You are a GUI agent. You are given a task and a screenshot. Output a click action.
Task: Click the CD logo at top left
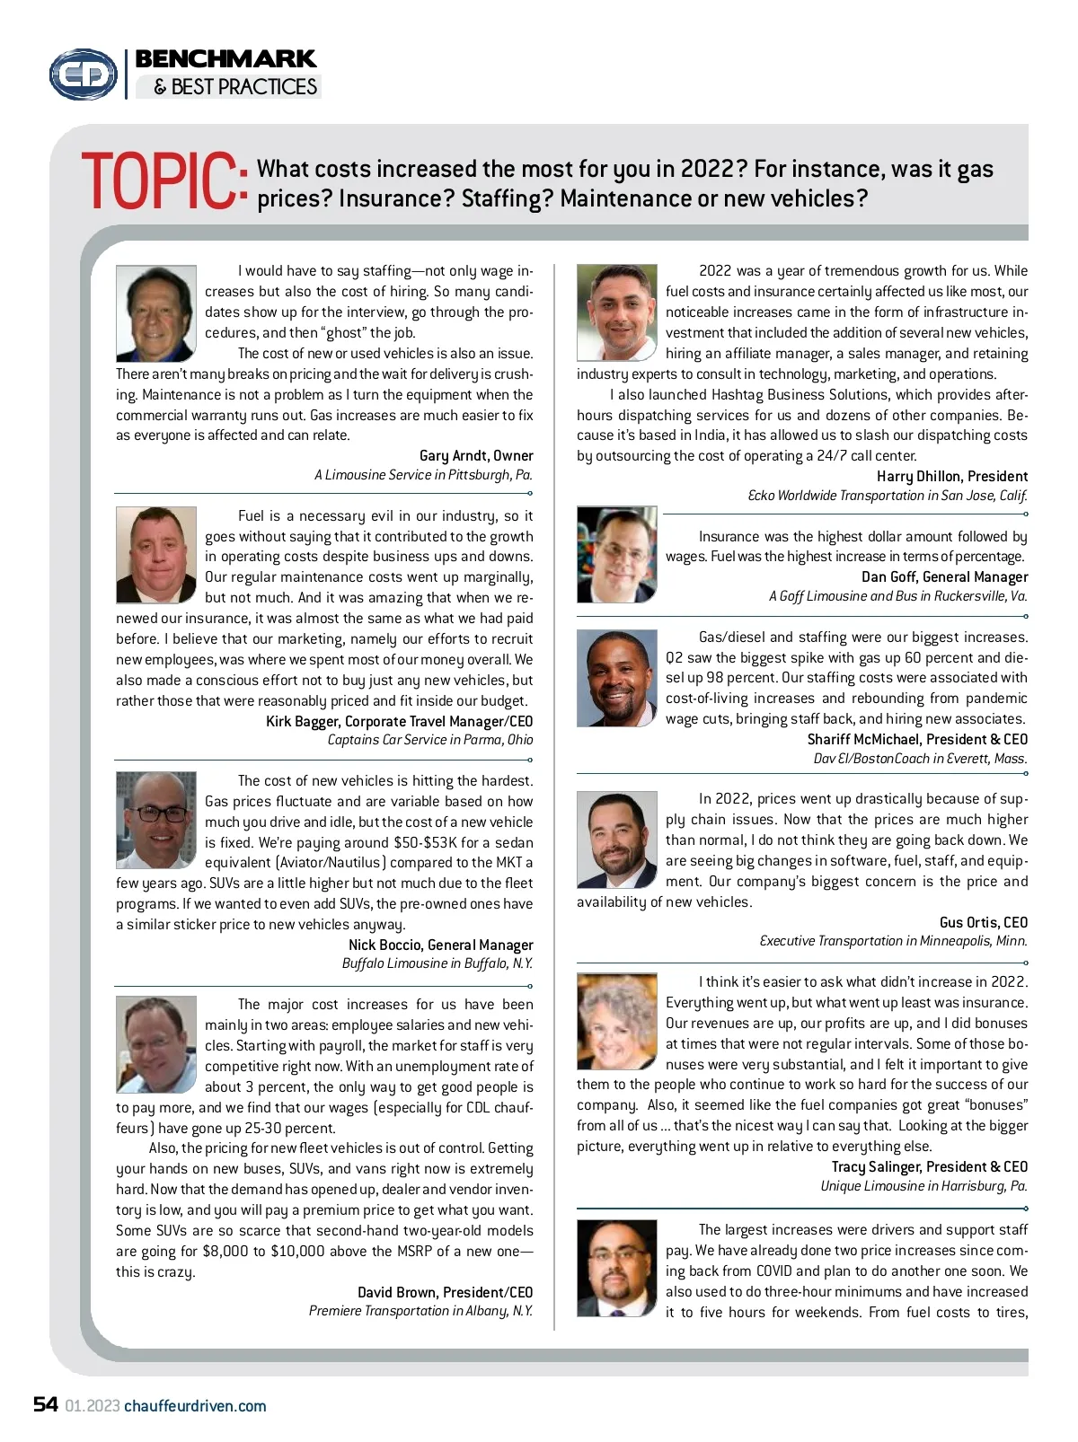pos(84,74)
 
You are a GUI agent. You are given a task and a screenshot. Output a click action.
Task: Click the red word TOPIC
pos(163,182)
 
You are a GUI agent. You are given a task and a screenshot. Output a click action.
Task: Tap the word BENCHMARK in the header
pos(225,59)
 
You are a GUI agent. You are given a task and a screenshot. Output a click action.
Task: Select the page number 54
pos(46,1404)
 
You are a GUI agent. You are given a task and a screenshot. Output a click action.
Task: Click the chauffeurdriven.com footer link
pos(195,1406)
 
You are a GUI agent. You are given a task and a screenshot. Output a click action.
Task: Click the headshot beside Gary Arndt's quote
pos(156,313)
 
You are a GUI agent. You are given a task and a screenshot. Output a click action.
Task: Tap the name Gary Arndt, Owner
pos(476,455)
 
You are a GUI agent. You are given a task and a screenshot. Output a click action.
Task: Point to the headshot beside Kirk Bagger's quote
pos(156,554)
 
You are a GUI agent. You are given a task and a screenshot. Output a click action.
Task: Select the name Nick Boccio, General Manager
pos(440,945)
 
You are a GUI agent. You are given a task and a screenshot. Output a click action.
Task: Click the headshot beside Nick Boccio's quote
pos(156,820)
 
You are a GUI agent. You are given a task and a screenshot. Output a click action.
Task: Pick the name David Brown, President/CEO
pos(445,1292)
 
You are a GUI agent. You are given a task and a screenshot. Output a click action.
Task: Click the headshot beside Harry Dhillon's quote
pos(616,312)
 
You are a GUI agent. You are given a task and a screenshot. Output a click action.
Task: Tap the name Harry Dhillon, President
pos(952,476)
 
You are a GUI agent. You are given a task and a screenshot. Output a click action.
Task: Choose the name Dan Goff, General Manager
pos(944,576)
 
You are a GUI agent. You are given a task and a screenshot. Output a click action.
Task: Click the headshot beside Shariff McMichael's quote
pos(616,678)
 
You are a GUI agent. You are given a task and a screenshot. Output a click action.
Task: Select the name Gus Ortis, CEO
pos(983,922)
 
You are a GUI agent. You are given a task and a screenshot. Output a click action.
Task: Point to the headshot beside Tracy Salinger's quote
pos(616,1021)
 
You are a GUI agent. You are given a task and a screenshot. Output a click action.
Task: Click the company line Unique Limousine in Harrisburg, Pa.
pos(923,1186)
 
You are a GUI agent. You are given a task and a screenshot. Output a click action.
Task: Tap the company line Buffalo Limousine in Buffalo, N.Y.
pos(437,963)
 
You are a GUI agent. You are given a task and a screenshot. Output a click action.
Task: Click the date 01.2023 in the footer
pos(93,1406)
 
